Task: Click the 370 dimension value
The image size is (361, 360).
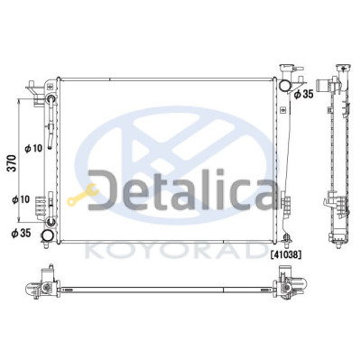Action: [x=12, y=163]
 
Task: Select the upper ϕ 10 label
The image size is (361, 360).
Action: [x=33, y=148]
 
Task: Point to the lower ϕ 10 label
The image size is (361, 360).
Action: [x=21, y=199]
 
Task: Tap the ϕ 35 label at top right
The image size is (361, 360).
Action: [x=304, y=94]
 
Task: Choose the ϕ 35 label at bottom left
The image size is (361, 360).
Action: [x=21, y=233]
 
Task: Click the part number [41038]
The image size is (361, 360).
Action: [x=285, y=254]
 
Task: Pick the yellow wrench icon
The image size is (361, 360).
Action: [x=82, y=195]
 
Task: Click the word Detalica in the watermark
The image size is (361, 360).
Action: [x=182, y=189]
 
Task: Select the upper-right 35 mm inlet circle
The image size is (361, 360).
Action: [x=284, y=85]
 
